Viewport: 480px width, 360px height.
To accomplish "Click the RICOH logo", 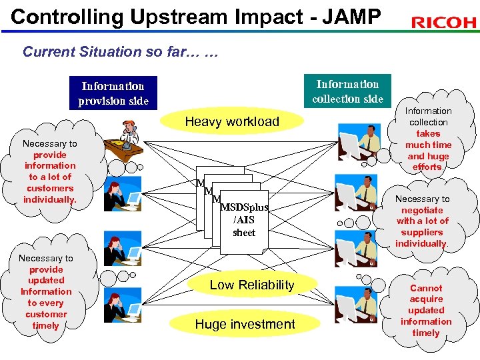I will (x=443, y=23).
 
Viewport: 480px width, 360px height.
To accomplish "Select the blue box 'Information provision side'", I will (x=113, y=93).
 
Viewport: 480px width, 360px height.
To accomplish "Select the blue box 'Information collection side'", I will (x=347, y=91).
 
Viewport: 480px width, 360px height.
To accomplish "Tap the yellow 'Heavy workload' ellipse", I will (x=232, y=121).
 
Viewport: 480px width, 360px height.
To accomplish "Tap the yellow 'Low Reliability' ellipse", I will (x=251, y=285).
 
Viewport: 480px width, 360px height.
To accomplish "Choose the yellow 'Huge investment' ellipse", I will (x=245, y=325).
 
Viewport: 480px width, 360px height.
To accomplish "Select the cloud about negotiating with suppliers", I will (x=422, y=221).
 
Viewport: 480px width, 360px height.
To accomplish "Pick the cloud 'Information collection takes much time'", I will (x=428, y=139).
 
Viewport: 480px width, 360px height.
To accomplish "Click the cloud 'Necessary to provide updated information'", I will (x=46, y=291).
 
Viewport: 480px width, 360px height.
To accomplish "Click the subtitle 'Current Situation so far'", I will (x=120, y=51).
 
